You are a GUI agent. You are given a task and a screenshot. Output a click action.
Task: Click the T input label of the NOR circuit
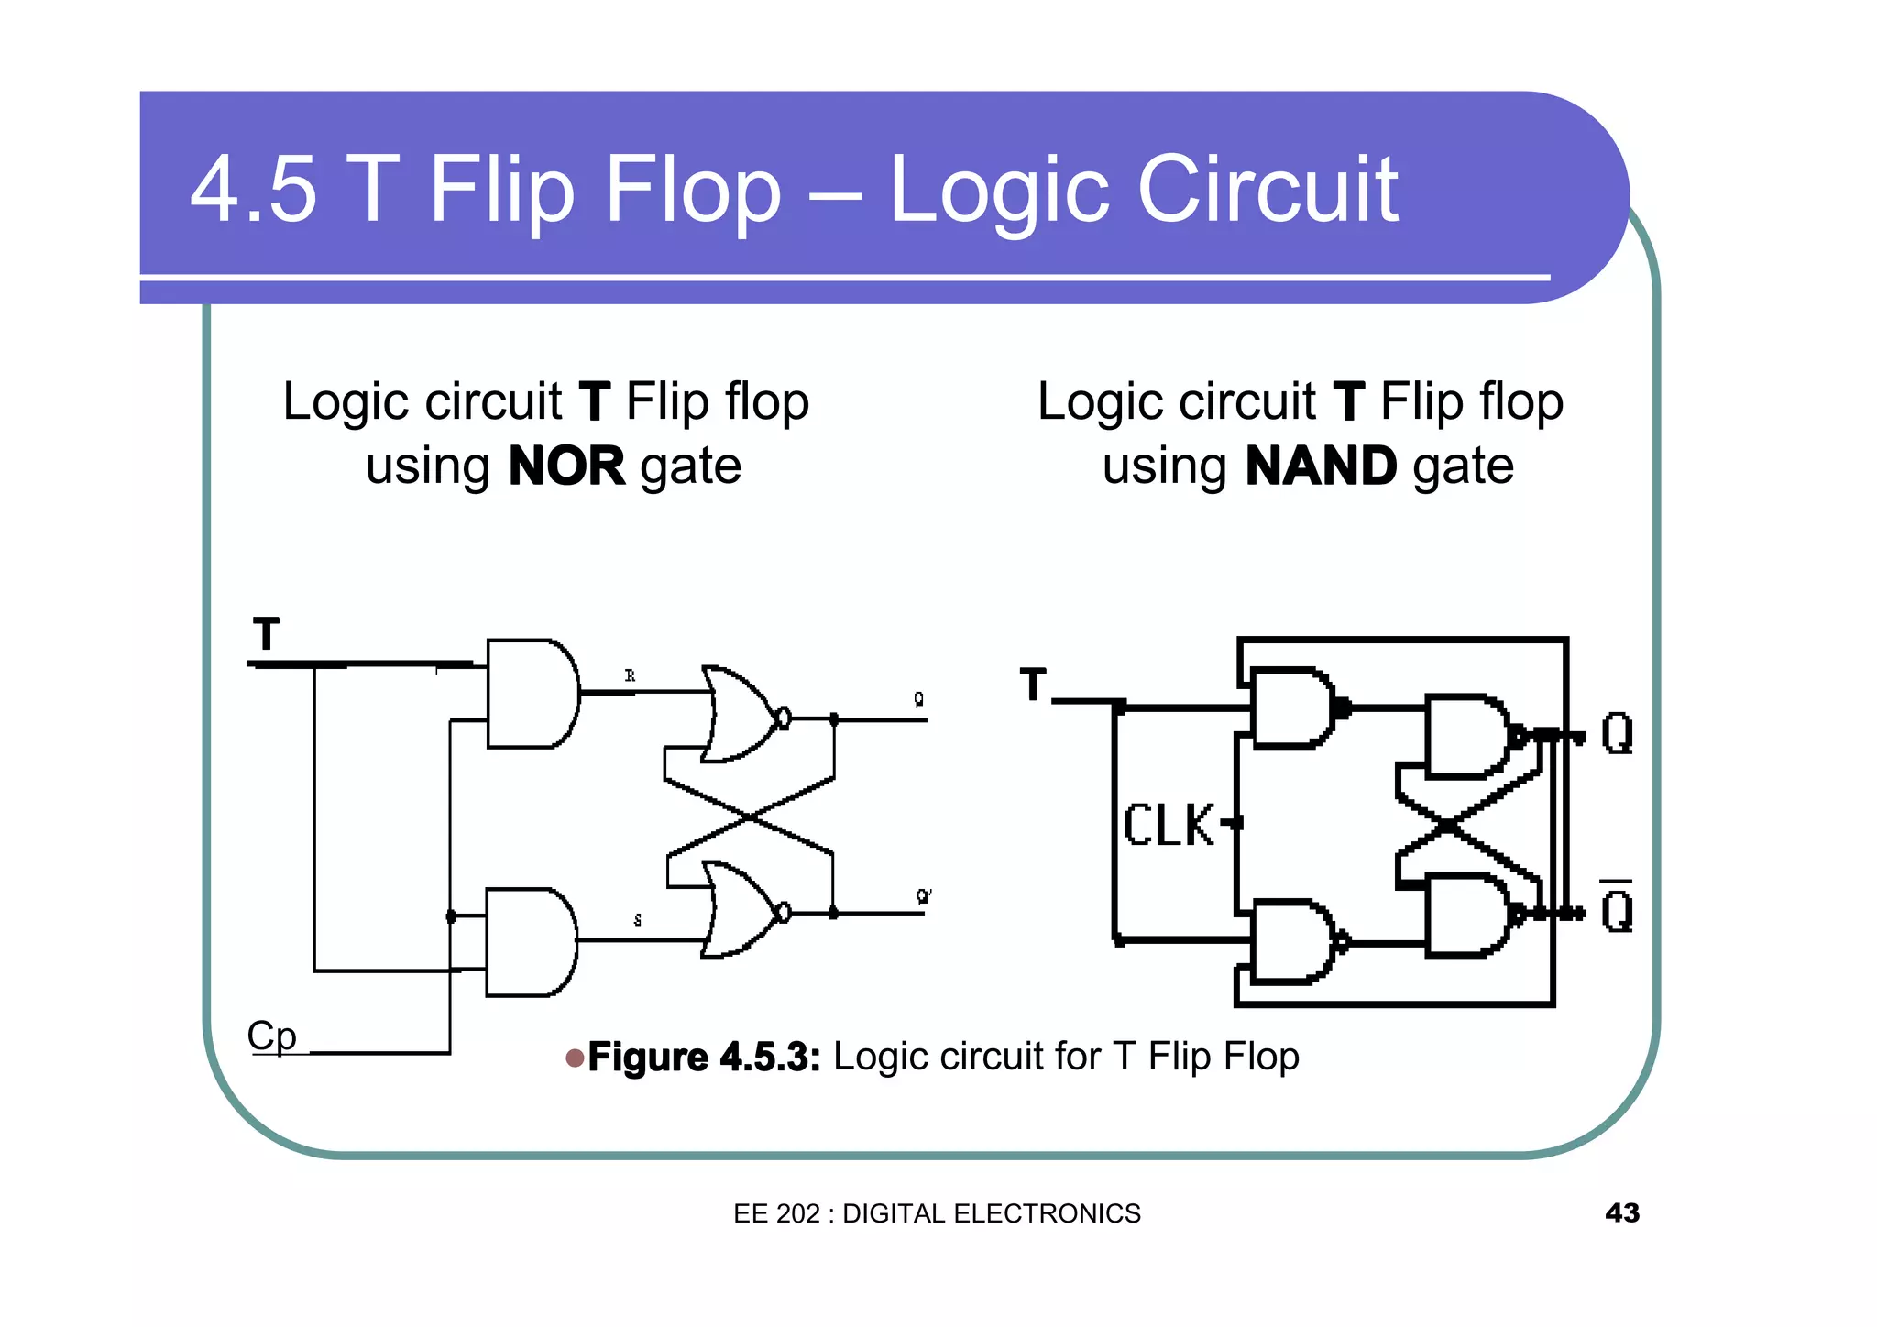pos(266,634)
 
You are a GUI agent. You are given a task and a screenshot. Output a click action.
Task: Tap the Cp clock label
pos(271,1036)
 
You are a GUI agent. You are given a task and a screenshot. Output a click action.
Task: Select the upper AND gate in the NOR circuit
pos(531,694)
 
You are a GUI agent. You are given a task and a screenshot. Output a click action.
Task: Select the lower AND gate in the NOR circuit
pos(529,941)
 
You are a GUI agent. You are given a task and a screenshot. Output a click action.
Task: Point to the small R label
pos(630,675)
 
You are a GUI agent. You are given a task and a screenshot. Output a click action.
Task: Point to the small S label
pos(638,919)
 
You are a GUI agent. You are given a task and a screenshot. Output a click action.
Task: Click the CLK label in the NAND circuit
pos(1169,825)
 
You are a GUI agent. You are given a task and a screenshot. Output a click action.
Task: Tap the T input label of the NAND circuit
pos(1033,685)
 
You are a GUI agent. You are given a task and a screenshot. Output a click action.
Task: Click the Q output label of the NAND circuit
pos(1617,733)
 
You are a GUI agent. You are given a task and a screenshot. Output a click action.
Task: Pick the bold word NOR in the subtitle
pos(566,466)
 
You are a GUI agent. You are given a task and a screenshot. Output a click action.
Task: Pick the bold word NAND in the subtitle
pos(1321,466)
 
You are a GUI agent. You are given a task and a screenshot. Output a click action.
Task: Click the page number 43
pos(1621,1212)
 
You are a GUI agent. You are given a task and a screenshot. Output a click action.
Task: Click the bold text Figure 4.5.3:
pos(703,1057)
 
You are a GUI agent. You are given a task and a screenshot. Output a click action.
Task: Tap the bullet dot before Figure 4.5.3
pos(575,1058)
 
